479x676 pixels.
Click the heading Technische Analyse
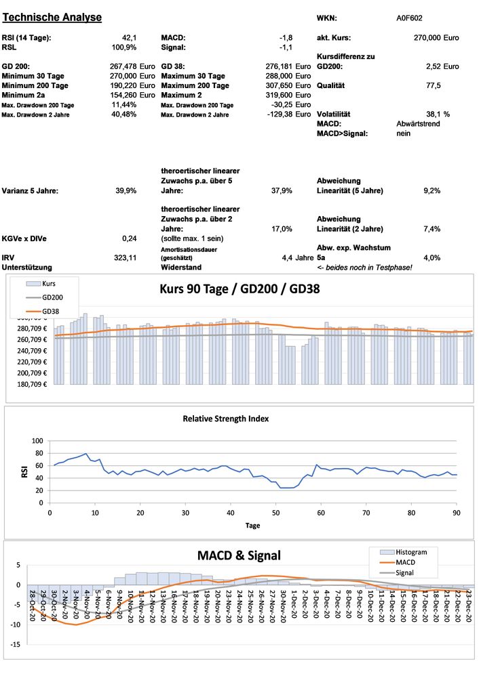(x=52, y=17)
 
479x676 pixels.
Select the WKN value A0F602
(x=410, y=18)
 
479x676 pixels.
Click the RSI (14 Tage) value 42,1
(x=129, y=38)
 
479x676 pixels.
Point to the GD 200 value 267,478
(x=123, y=66)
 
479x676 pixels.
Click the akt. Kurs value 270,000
(x=427, y=38)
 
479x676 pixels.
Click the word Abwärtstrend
(x=419, y=124)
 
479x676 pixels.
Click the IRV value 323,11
(x=126, y=258)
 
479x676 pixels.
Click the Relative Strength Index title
(x=226, y=419)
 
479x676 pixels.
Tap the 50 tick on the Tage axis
(x=275, y=513)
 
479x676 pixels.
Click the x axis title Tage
(x=252, y=525)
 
